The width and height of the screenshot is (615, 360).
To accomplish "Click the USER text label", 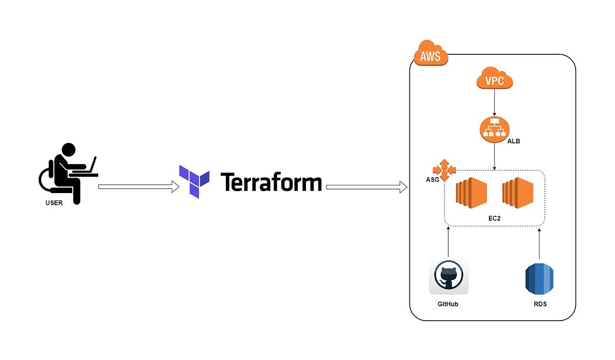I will coord(53,203).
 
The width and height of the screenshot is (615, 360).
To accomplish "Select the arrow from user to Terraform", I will coord(138,187).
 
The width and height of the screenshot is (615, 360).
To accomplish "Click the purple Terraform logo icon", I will coord(194,181).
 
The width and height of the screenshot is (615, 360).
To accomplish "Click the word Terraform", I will coord(271,182).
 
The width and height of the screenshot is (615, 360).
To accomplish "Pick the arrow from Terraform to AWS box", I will coord(366,188).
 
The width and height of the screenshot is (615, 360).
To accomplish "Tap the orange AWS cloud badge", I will coord(430,55).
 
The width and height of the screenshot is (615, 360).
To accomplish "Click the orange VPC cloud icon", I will coord(494,81).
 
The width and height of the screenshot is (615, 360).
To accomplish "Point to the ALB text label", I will coord(514,141).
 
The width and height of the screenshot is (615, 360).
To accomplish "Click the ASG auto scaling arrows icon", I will coord(443,170).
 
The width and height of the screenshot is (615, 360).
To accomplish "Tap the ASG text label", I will coord(432,180).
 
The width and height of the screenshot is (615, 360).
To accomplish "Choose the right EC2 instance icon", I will coord(518,194).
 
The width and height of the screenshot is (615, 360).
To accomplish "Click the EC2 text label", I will coord(494,218).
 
